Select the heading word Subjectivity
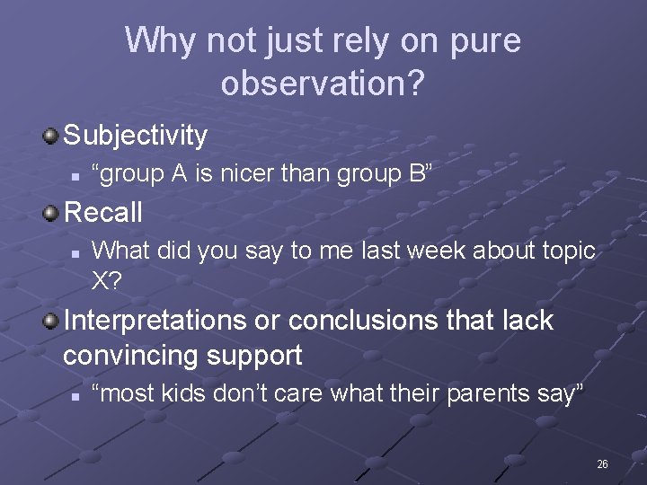click(x=136, y=136)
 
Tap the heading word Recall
click(x=103, y=213)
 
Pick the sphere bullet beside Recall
click(x=51, y=212)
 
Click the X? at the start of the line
click(x=107, y=280)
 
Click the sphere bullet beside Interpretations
click(x=51, y=320)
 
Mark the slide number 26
click(x=602, y=464)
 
